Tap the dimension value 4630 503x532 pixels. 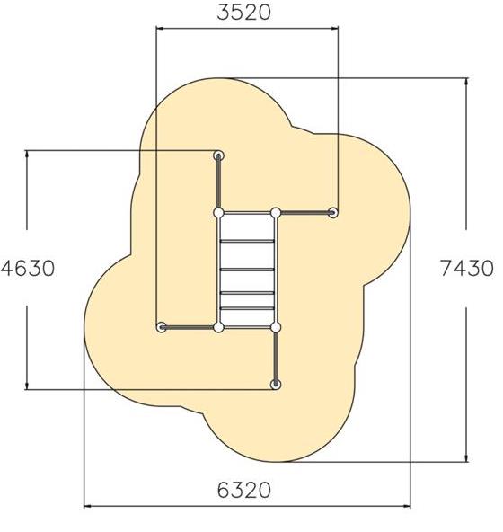point(28,269)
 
